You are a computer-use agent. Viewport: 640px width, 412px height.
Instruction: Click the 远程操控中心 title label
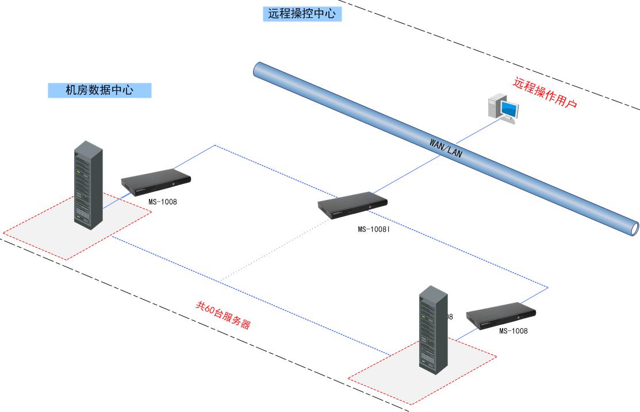[302, 14]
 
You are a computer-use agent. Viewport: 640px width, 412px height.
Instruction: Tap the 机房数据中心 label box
[99, 90]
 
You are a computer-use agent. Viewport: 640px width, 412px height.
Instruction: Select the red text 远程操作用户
[545, 94]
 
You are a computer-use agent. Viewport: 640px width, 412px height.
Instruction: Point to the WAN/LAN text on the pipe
[446, 148]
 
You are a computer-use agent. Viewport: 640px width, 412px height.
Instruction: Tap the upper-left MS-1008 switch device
[156, 183]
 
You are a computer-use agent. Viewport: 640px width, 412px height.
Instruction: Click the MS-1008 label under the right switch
[513, 331]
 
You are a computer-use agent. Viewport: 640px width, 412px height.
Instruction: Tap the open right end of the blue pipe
[634, 228]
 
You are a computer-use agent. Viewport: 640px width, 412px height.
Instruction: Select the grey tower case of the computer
[495, 106]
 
